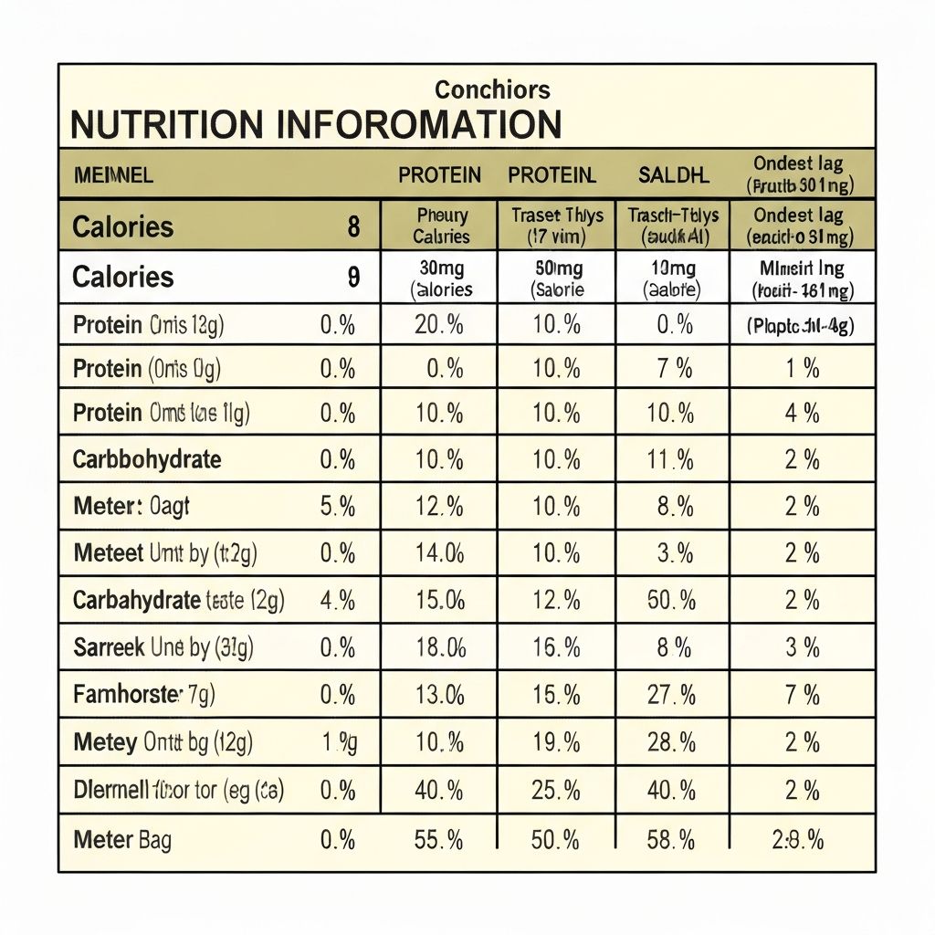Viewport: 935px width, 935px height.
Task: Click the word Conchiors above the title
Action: point(492,89)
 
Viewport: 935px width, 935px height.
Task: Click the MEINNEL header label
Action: point(113,174)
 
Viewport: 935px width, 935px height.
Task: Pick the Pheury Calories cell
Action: point(441,226)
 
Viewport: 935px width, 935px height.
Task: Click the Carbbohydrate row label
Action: point(147,459)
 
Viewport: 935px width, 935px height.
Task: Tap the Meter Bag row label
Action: point(122,839)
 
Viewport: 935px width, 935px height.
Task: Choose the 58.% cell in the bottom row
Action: point(672,839)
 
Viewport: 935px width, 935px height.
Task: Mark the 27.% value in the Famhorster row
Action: point(672,695)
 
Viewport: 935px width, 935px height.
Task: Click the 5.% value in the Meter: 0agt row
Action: point(338,506)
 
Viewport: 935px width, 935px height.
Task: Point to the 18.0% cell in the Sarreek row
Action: point(439,647)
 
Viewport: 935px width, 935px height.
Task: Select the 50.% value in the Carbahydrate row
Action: point(672,600)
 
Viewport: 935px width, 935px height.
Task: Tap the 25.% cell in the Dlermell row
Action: point(555,790)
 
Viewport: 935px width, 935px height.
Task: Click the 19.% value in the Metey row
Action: point(555,742)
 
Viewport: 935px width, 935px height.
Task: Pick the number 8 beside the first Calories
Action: point(353,226)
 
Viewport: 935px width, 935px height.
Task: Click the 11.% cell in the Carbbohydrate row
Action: point(672,459)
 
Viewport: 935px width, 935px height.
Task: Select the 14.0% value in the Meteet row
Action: point(439,553)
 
